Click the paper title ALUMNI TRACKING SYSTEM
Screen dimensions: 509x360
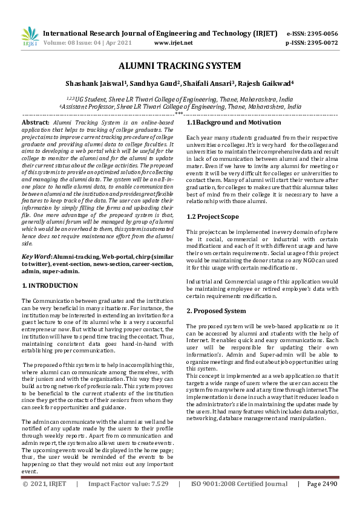click(x=180, y=66)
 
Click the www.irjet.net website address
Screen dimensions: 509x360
click(x=174, y=43)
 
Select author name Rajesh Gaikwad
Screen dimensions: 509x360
click(x=266, y=83)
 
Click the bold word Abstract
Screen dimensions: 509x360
click(x=36, y=122)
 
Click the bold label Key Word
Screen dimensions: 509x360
click(x=36, y=256)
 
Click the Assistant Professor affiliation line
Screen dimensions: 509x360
click(x=180, y=106)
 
